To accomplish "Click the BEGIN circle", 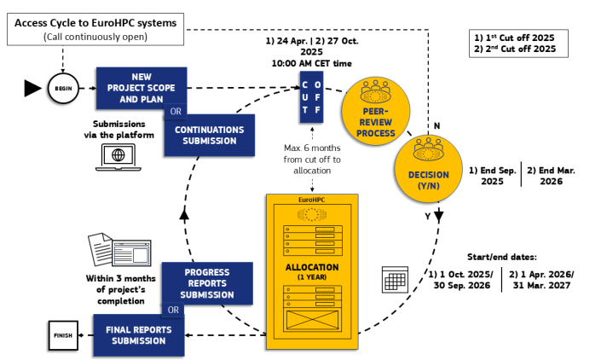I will coord(63,87).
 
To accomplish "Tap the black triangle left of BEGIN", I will coord(32,87).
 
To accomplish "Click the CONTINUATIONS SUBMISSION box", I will coord(209,135).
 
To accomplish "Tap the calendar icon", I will coord(394,279).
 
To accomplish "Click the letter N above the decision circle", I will coord(437,125).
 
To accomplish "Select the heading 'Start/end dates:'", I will coord(503,255).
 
